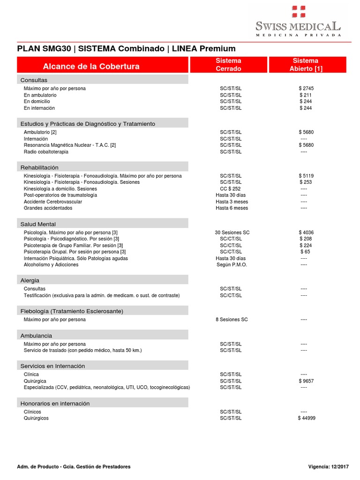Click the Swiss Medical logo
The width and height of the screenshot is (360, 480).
point(298,21)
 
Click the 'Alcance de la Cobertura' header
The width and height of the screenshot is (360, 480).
point(91,66)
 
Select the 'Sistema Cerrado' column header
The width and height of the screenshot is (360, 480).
point(228,65)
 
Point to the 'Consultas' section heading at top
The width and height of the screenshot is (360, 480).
point(34,80)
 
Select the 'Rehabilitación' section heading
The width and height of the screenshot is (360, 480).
point(39,167)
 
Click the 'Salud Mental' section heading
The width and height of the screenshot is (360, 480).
point(38,224)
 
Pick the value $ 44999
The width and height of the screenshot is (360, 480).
point(307,418)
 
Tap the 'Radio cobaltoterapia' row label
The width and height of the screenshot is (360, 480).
point(46,152)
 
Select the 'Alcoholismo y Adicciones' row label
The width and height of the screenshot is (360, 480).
point(51,265)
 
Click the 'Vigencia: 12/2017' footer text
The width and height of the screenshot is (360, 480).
point(328,466)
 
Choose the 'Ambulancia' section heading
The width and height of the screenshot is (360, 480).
point(36,336)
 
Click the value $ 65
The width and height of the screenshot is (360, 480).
point(306,252)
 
